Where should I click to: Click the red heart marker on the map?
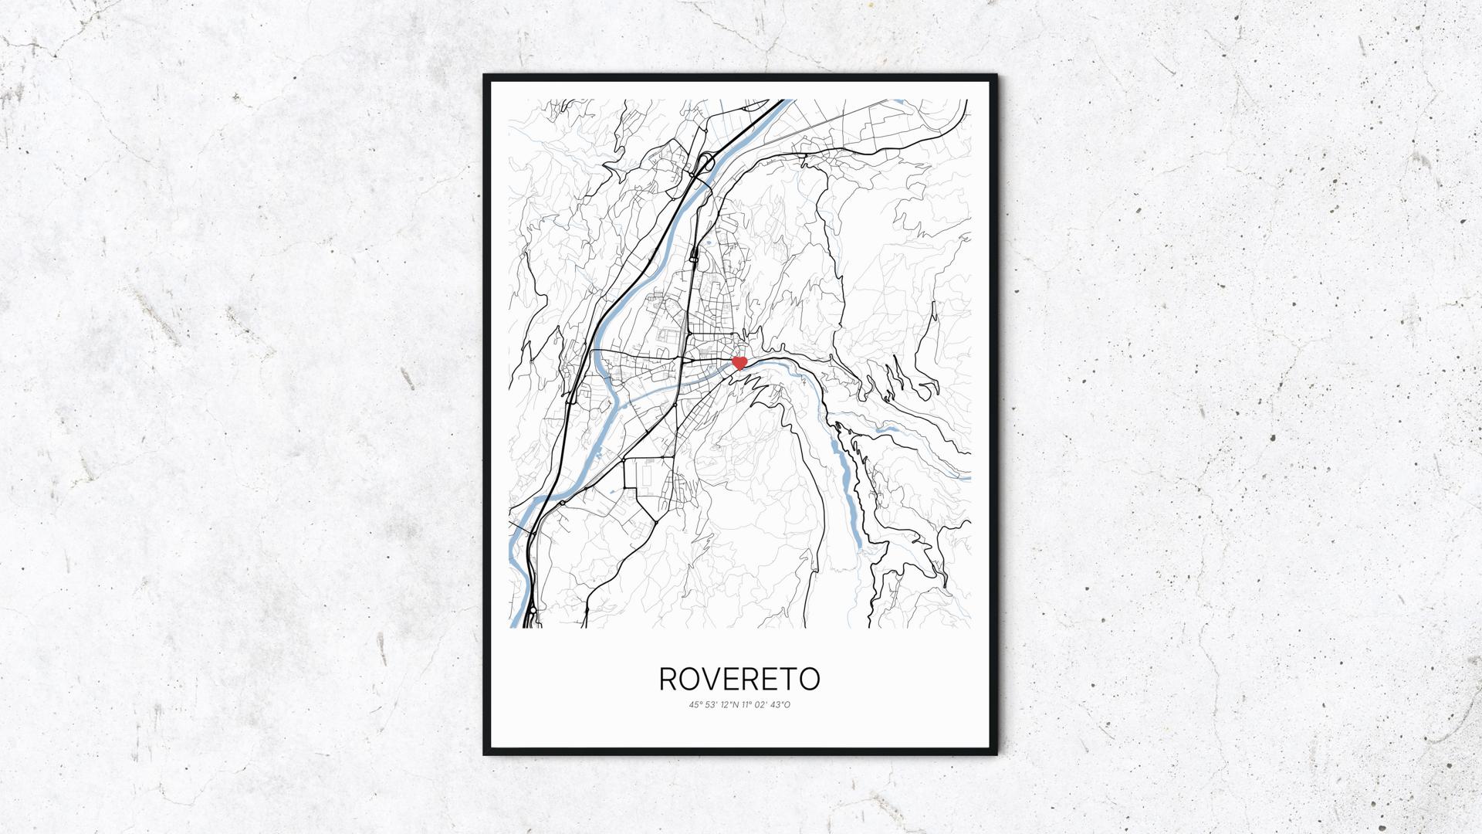(x=739, y=361)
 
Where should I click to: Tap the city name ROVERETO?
(x=739, y=679)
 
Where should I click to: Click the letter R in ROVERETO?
(x=668, y=679)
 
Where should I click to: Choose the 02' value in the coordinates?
(x=764, y=704)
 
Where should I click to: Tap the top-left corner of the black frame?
(x=486, y=76)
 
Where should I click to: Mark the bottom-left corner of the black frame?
(x=486, y=754)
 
